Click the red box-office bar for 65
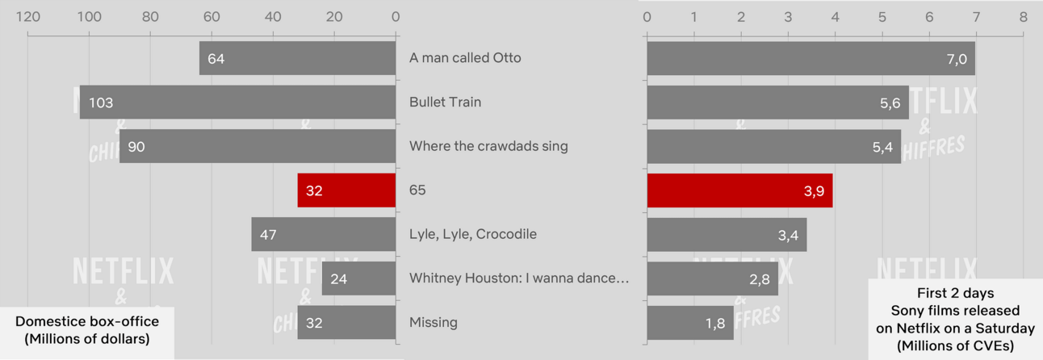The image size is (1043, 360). tap(346, 190)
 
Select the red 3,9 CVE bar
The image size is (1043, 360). tap(740, 190)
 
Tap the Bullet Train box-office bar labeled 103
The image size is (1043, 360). tap(237, 102)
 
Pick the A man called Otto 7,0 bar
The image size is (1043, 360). tap(811, 58)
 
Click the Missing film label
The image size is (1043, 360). tap(433, 322)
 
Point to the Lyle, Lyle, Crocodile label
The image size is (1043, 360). tap(472, 234)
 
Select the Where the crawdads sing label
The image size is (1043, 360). tap(488, 146)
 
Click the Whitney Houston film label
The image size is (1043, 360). tap(519, 278)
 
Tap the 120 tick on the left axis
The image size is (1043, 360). tap(28, 17)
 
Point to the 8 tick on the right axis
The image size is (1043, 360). tap(1023, 17)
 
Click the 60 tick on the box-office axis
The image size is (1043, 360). tap(212, 17)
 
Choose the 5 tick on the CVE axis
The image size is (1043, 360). tap(882, 17)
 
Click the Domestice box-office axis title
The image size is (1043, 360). tap(87, 330)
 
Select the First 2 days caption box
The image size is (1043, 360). tap(956, 319)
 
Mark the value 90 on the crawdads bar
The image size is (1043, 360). tap(136, 147)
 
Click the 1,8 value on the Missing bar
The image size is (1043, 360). tap(715, 323)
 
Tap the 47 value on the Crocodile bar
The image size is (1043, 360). tap(268, 235)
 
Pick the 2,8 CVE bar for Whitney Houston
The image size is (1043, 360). tap(712, 278)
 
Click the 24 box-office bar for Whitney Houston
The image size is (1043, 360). tap(358, 278)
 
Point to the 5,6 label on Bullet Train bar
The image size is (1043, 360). tap(890, 103)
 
